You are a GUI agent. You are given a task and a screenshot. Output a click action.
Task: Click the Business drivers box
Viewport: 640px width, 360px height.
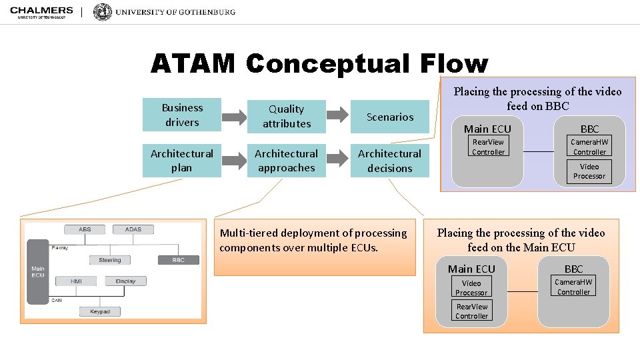coord(182,115)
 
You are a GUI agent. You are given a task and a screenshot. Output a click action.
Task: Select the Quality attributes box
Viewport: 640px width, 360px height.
coord(286,116)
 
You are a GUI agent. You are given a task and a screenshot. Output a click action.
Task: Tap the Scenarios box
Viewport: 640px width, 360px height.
coord(390,117)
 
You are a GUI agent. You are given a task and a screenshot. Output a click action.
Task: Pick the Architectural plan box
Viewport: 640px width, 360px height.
coord(182,161)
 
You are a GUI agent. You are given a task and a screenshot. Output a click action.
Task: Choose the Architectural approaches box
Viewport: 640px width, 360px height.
coord(286,161)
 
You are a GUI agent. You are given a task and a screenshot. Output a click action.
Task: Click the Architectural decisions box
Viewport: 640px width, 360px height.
coord(390,161)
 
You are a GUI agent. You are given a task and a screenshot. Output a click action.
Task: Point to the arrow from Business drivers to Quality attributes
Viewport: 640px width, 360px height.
coord(234,117)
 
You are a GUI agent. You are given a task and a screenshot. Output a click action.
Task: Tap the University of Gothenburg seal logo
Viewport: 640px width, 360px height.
coord(103,12)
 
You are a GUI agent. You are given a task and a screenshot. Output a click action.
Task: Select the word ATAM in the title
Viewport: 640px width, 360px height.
coord(193,64)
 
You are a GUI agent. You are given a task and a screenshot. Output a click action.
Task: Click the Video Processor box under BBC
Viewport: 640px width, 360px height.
coord(589,171)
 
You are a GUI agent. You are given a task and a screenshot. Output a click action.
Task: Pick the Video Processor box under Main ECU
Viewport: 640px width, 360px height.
coord(471,288)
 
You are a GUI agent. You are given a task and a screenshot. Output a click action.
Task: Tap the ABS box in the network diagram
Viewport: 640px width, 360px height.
coord(85,229)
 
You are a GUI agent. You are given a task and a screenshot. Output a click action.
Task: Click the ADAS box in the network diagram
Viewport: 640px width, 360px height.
coord(133,229)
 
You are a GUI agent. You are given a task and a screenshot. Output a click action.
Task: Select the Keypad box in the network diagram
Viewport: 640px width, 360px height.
coord(100,311)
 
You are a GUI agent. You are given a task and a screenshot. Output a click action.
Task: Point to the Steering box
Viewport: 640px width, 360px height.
coord(110,260)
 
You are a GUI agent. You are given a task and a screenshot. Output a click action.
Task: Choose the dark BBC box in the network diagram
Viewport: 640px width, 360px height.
coord(178,260)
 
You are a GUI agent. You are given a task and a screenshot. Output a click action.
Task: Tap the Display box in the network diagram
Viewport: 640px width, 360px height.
coord(125,281)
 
